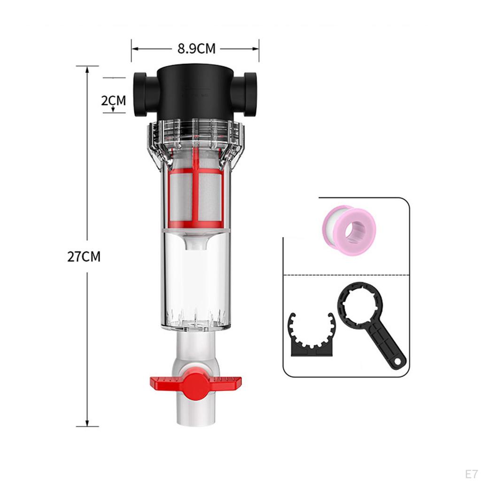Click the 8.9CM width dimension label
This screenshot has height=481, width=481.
click(x=196, y=48)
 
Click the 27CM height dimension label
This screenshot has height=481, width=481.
click(x=84, y=257)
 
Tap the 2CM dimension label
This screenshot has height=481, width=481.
click(x=114, y=100)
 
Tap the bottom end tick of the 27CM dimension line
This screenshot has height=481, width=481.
click(x=87, y=426)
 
